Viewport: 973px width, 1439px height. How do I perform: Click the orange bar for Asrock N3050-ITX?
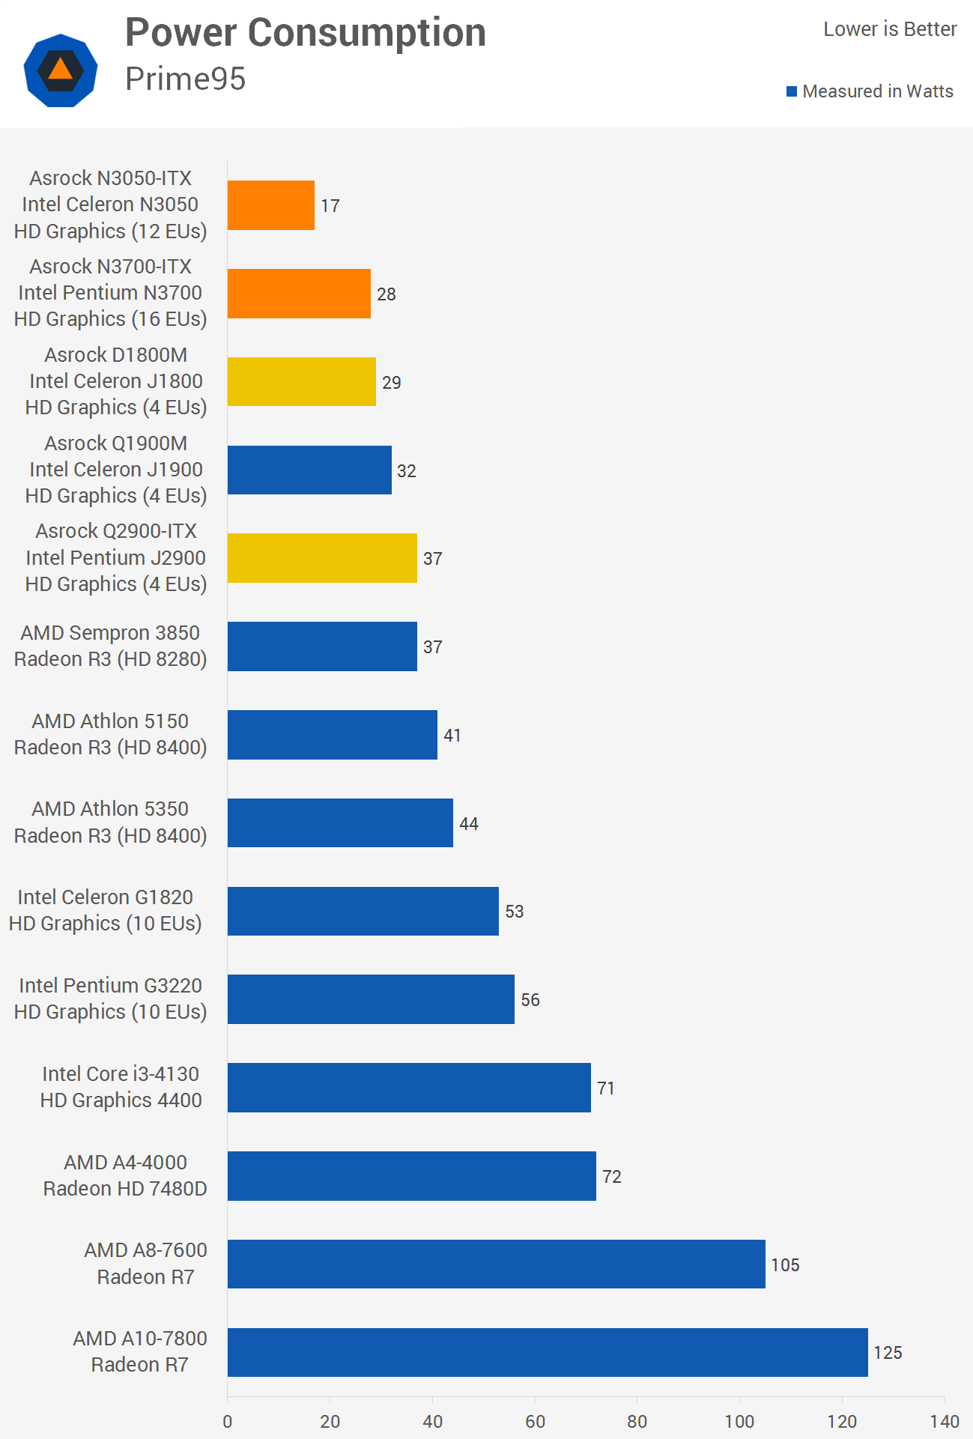click(x=271, y=205)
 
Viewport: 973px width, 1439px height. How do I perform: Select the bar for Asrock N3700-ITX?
click(x=299, y=294)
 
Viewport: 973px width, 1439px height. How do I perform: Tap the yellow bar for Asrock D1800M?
click(x=302, y=382)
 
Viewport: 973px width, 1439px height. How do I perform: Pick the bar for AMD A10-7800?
click(x=548, y=1352)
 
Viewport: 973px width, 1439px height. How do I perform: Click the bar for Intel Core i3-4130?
click(x=409, y=1088)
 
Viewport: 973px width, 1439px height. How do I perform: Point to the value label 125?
click(x=888, y=1353)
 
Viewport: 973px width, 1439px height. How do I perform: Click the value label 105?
click(x=785, y=1265)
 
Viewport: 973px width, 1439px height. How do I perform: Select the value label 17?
click(x=330, y=206)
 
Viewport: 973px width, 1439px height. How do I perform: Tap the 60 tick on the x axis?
click(x=535, y=1421)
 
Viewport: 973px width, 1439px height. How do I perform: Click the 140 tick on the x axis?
click(x=945, y=1421)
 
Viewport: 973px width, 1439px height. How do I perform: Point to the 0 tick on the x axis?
click(x=228, y=1421)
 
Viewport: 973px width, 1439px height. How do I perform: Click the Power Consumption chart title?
click(x=306, y=33)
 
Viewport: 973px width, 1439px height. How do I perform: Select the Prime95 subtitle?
click(x=185, y=79)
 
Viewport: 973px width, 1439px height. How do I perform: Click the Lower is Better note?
click(x=890, y=29)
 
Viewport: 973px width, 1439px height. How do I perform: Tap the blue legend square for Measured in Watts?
click(x=792, y=91)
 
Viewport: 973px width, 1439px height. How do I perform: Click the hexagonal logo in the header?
click(x=61, y=70)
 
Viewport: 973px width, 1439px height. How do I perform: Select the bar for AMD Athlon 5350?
click(x=340, y=823)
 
